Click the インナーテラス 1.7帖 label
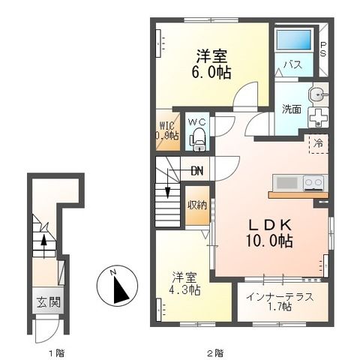280,301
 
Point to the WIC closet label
167,130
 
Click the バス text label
292,65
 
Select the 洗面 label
292,109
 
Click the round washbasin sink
316,94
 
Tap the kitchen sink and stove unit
298,182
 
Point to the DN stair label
196,171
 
